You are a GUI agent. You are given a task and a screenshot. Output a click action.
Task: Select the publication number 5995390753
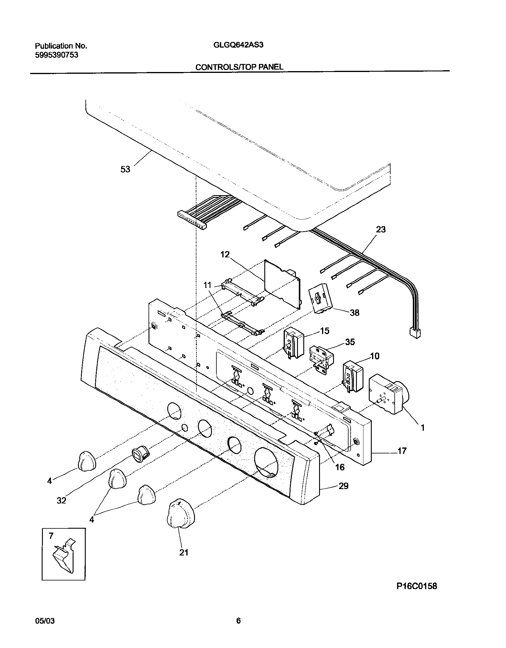tap(57, 55)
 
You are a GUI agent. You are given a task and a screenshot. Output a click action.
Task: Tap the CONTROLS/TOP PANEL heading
tap(239, 67)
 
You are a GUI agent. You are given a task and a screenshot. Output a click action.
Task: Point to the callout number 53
tap(125, 169)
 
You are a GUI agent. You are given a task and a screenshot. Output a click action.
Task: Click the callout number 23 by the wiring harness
tap(381, 229)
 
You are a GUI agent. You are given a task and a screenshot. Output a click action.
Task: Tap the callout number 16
tap(340, 467)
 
